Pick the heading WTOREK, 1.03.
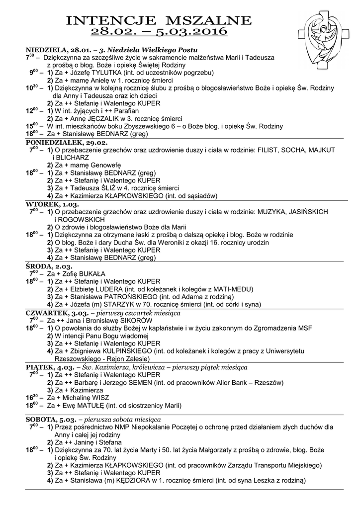click(52, 204)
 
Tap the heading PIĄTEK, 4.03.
click(51, 367)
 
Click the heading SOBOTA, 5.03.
click(51, 420)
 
